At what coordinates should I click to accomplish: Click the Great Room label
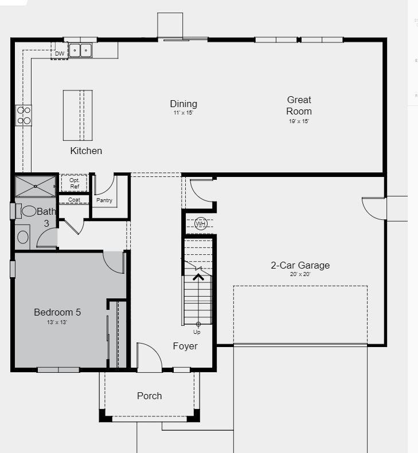(299, 105)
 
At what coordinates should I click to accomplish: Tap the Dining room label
(183, 104)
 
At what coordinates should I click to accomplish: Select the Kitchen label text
(86, 151)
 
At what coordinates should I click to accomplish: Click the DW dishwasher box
(60, 54)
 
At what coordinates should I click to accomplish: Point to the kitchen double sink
(81, 51)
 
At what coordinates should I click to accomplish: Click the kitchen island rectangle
(78, 115)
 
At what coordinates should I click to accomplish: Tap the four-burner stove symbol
(24, 115)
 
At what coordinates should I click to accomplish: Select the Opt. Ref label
(75, 183)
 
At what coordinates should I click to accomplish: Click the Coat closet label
(74, 200)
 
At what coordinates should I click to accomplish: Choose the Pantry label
(104, 200)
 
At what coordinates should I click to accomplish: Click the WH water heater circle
(200, 223)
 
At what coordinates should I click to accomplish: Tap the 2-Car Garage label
(300, 265)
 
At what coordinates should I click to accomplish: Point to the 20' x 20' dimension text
(300, 274)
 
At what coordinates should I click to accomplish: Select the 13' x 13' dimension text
(57, 322)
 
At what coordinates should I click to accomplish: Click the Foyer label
(185, 346)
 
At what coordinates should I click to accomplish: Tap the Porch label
(149, 396)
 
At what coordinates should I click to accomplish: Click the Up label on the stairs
(197, 332)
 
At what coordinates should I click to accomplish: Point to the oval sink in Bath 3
(30, 211)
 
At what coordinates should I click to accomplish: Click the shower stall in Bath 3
(36, 186)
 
